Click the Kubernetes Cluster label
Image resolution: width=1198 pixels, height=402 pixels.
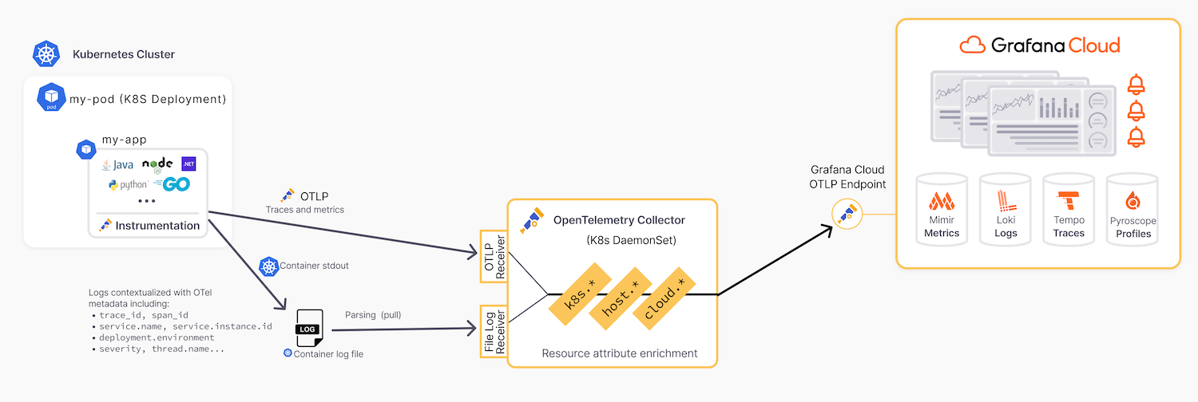click(x=123, y=54)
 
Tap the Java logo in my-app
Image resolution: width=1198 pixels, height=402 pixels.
click(x=117, y=165)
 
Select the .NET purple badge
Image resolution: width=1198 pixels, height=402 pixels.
click(x=188, y=164)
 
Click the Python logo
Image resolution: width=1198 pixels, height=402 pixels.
click(x=128, y=185)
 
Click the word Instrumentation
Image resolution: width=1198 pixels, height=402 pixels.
click(x=157, y=226)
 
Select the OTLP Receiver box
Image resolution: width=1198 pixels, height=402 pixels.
click(x=493, y=259)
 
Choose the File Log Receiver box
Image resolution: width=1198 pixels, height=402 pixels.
click(x=493, y=330)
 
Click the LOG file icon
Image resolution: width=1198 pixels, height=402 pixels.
click(x=309, y=328)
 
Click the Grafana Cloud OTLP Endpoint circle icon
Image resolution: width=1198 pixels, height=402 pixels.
click(x=846, y=214)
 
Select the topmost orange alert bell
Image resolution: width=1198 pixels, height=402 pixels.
click(x=1135, y=84)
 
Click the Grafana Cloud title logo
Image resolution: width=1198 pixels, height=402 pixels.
click(x=1039, y=45)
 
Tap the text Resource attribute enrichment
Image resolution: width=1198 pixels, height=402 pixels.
click(x=619, y=353)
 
